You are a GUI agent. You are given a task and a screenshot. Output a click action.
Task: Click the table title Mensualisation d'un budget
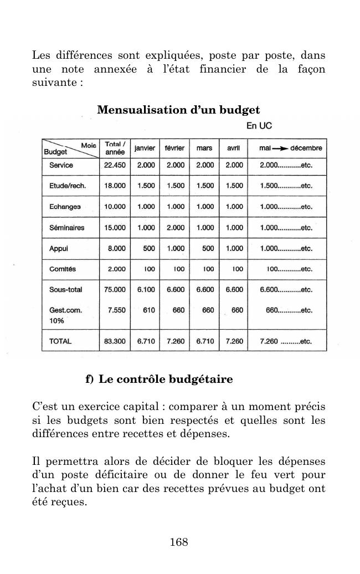point(178,110)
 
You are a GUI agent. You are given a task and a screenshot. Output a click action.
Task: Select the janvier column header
point(145,148)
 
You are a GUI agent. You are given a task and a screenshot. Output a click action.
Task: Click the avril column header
point(234,148)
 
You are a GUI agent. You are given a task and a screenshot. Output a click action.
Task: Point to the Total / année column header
point(115,148)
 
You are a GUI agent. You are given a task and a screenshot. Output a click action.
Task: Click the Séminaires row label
point(66,227)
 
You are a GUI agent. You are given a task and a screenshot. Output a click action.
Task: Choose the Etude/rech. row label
point(67,186)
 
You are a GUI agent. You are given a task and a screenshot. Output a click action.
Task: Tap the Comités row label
point(63,269)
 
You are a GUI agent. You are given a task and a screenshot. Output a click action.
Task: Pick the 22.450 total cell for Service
point(115,165)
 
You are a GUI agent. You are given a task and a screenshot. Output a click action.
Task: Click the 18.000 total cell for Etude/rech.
point(115,186)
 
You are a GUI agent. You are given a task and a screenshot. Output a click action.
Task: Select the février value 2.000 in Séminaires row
point(175,227)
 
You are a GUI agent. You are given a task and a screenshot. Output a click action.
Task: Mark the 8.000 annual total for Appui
point(116,249)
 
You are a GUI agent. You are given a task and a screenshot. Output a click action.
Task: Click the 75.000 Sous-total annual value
point(115,289)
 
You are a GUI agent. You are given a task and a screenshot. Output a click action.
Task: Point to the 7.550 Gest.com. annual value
point(116,310)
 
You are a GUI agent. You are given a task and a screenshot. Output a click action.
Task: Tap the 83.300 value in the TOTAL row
point(115,341)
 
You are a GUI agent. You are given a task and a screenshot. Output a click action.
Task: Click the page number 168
point(179,542)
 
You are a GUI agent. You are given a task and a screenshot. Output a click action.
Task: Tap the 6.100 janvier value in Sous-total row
point(146,289)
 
